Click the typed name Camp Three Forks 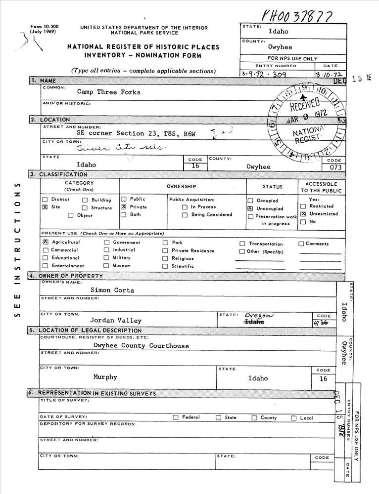click(x=109, y=92)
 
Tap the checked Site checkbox click(x=45, y=207)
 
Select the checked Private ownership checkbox click(x=124, y=207)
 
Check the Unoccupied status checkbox click(x=250, y=209)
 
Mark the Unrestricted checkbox click(x=303, y=214)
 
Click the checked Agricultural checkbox click(x=46, y=242)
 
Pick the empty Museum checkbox click(x=106, y=265)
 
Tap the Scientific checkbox click(x=165, y=266)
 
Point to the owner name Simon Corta click(x=112, y=290)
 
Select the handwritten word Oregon click(x=258, y=315)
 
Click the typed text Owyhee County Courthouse click(x=141, y=346)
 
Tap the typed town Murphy click(x=105, y=377)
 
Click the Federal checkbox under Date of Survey click(x=176, y=417)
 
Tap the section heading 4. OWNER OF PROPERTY click(x=71, y=276)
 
